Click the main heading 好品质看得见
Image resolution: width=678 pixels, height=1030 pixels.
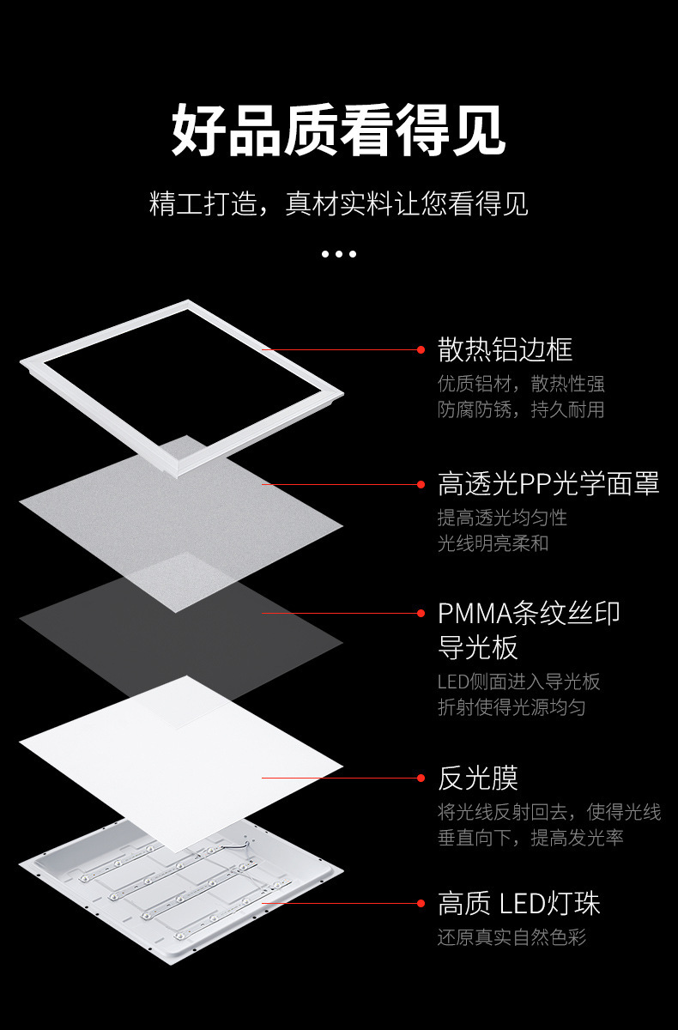339,130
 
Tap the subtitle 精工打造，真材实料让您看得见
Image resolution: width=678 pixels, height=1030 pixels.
339,204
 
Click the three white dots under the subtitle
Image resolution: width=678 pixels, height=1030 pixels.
339,253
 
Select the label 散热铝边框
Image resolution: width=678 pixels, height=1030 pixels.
505,349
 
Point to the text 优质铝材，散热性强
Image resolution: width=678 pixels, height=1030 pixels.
521,384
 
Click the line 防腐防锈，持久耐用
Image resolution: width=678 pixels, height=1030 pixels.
521,409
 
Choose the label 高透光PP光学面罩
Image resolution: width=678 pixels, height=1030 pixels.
548,483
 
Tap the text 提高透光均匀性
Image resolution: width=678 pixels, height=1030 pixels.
502,518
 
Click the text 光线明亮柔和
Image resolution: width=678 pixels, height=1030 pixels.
493,543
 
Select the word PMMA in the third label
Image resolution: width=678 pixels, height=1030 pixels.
475,613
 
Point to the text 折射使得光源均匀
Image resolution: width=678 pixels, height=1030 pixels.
512,707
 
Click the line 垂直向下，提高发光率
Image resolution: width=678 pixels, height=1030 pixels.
530,838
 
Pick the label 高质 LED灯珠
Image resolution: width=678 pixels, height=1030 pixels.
518,903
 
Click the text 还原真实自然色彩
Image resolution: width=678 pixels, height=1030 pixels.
512,936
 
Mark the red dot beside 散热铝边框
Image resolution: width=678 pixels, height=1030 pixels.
421,349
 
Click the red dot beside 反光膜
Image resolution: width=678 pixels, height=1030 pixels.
421,778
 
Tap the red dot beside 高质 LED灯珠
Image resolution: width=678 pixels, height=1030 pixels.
421,903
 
